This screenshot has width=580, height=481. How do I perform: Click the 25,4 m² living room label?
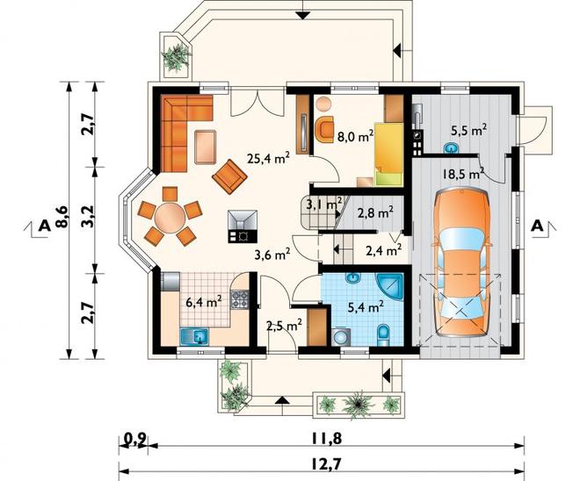(268, 158)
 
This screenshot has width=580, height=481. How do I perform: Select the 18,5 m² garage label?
(464, 173)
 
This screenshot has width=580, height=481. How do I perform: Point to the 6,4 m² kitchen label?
(204, 302)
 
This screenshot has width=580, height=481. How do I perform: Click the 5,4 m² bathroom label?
(366, 306)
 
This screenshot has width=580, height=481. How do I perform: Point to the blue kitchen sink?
(194, 337)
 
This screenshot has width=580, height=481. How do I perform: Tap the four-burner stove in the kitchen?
(240, 299)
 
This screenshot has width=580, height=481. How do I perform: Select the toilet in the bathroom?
(383, 335)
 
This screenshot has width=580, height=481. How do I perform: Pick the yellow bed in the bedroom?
(388, 154)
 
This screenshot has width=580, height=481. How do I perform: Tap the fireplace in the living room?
(243, 226)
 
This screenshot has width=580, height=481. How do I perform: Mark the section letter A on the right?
(538, 226)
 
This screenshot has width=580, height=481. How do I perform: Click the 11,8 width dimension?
(326, 439)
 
